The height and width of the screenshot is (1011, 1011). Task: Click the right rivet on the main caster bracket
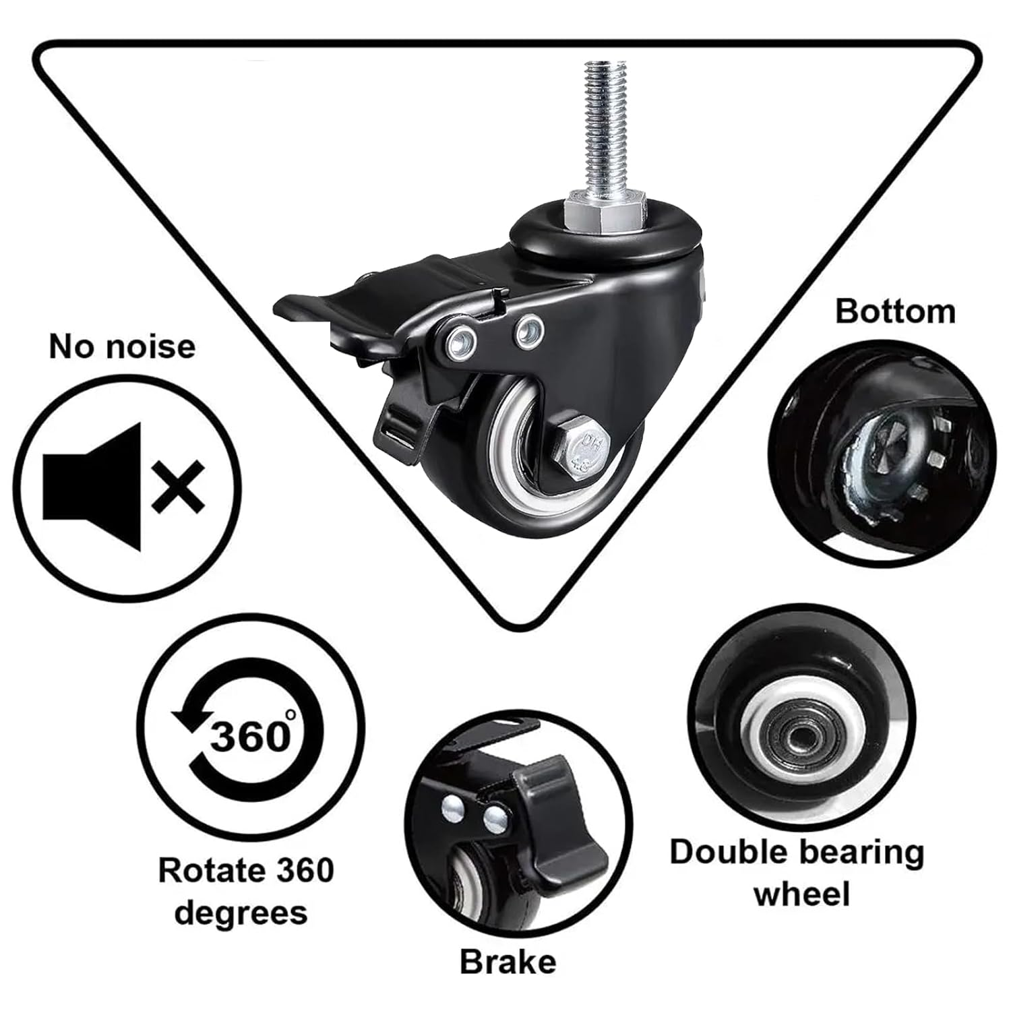click(528, 330)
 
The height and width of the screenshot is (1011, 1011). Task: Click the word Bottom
click(895, 311)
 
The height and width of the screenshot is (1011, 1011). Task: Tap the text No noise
click(122, 346)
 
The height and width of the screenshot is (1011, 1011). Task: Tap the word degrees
click(241, 913)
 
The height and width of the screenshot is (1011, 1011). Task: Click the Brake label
click(508, 962)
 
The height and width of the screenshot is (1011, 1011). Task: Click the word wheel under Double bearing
click(801, 894)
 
